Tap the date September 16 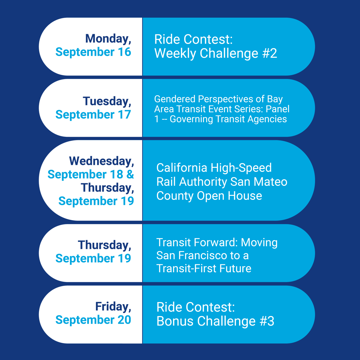(x=93, y=52)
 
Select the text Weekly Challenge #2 (x=215, y=53)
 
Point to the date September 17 (x=93, y=115)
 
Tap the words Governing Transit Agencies (x=228, y=119)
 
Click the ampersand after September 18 (x=130, y=174)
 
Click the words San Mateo (x=259, y=182)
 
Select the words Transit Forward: (x=197, y=242)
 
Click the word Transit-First (x=185, y=268)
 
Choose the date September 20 (x=93, y=320)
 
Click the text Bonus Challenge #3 (x=215, y=321)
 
